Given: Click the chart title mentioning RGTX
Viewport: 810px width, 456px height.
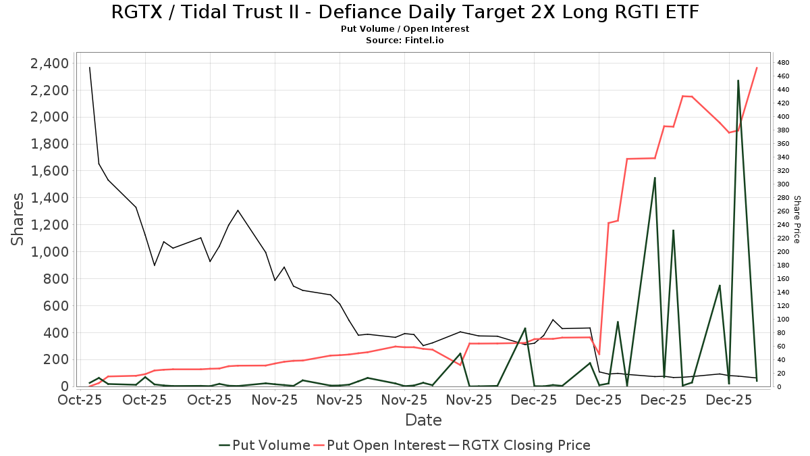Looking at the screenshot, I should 405,12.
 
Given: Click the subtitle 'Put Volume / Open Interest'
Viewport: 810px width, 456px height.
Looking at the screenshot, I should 405,29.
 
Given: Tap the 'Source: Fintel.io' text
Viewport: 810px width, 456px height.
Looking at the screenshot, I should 405,41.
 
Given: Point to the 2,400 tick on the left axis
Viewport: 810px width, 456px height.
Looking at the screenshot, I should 49,64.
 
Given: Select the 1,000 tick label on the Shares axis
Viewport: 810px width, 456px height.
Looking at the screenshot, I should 49,252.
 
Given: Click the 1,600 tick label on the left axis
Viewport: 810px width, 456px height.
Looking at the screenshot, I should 49,171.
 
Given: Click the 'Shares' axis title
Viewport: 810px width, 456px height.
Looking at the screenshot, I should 18,220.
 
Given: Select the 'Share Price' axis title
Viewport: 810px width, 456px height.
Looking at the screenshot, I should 796,220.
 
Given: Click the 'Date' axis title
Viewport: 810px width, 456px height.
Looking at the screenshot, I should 423,420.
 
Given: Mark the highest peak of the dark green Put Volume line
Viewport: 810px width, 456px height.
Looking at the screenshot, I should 738,80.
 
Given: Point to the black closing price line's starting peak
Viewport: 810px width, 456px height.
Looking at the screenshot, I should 90,67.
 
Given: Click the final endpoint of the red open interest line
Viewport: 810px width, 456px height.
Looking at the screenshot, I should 757,68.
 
